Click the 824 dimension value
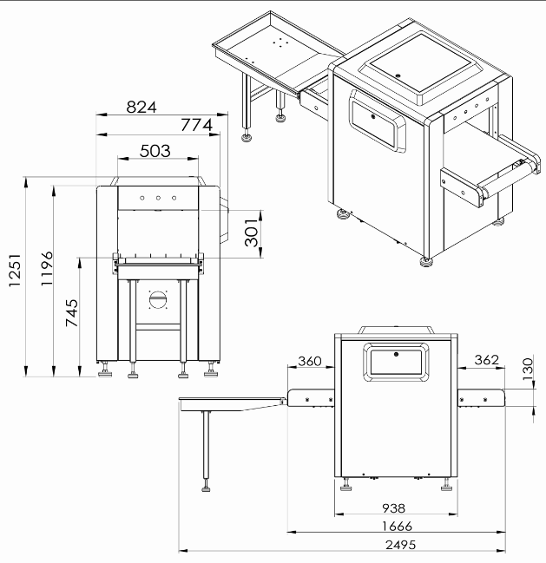[x=141, y=107]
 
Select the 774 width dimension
[x=195, y=125]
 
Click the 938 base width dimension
[x=396, y=507]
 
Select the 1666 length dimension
[x=396, y=526]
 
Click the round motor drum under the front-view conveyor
[x=158, y=299]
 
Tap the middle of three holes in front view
[x=159, y=198]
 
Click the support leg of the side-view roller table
[x=206, y=446]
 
